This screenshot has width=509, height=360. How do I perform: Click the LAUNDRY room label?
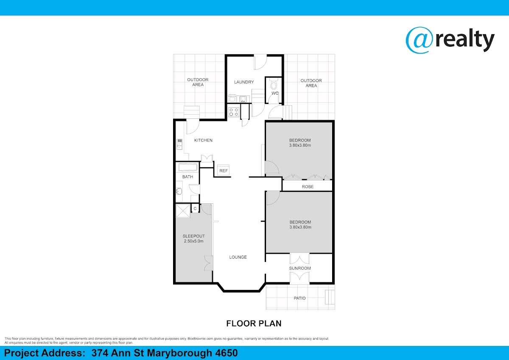pos(244,82)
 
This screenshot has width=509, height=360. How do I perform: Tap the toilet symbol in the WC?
pos(274,84)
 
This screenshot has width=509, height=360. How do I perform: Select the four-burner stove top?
pos(234,112)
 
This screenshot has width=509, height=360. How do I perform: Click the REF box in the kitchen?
pos(224,170)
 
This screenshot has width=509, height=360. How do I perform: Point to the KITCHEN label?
pos(203,141)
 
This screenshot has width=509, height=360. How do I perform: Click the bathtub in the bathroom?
pos(187,167)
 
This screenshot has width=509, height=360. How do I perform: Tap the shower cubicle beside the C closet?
pos(183,211)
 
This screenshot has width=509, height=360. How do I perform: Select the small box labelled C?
pos(195,208)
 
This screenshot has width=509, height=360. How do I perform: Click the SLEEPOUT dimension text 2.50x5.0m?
pos(193,241)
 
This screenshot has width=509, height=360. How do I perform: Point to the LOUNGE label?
pos(238,257)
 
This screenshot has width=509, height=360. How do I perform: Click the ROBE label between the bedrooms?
pos(308,187)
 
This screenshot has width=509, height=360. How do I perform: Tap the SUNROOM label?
pos(300,268)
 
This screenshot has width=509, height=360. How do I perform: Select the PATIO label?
pos(300,298)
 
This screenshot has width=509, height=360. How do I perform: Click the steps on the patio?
pos(330,297)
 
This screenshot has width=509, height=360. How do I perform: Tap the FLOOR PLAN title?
pos(254,323)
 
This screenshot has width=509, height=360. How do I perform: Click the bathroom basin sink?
pos(179,191)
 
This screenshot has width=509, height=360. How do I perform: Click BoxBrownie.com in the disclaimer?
pos(200,339)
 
